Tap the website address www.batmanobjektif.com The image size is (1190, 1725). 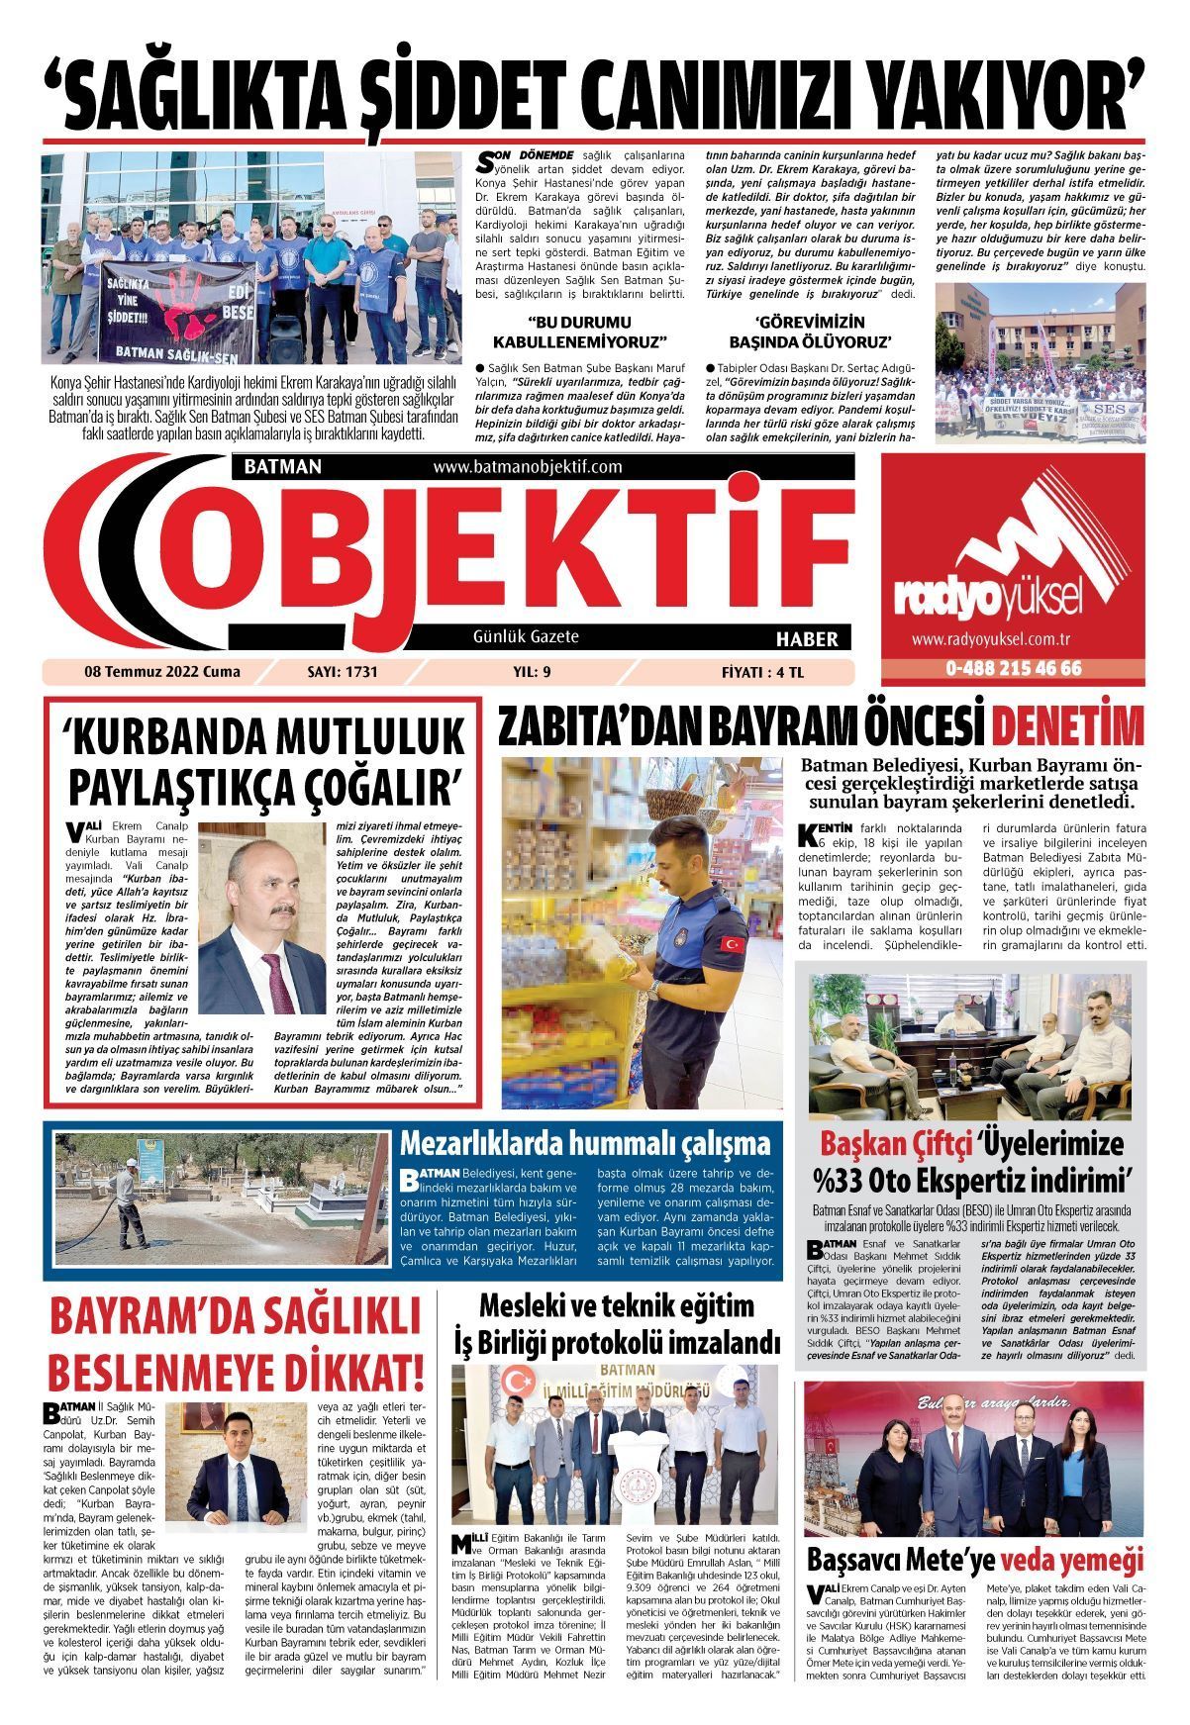point(527,466)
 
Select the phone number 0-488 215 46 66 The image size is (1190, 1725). point(1013,668)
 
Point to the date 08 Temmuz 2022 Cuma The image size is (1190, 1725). point(162,672)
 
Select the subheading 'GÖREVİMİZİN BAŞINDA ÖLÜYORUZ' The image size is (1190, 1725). point(810,332)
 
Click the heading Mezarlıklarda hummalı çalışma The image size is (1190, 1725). point(584,1144)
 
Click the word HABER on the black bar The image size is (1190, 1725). point(807,639)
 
